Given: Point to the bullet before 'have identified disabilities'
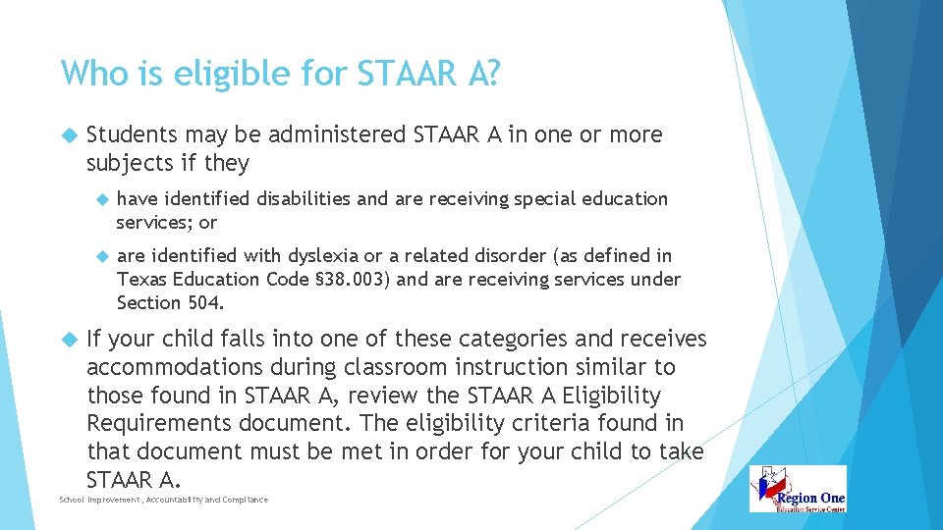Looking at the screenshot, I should coord(100,199).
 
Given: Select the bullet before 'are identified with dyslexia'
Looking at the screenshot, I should coord(100,256).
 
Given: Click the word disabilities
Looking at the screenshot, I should coord(304,199).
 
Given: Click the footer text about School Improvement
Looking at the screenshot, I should coord(163,501).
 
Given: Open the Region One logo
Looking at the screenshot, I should coord(797,489).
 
